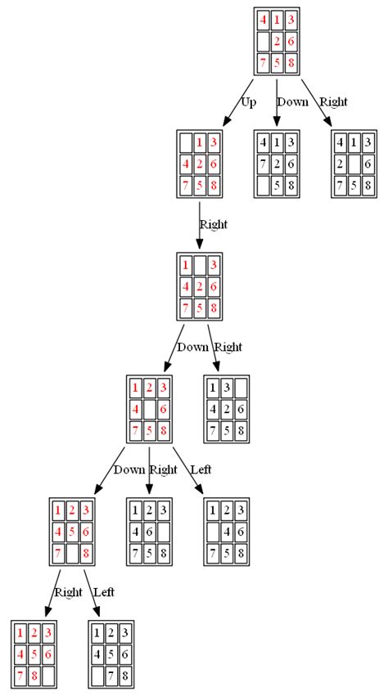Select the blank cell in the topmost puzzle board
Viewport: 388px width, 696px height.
(264, 41)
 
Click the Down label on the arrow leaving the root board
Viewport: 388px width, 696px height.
(292, 102)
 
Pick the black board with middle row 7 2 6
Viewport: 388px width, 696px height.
(277, 164)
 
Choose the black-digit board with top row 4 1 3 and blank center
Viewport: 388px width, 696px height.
(354, 164)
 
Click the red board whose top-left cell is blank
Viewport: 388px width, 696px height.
(200, 164)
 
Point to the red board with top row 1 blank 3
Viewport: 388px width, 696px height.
(200, 286)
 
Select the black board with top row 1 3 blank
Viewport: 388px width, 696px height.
(226, 409)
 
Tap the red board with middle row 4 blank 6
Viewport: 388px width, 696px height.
(149, 409)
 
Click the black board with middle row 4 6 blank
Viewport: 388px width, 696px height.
(149, 532)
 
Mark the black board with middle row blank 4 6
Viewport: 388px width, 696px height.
(226, 532)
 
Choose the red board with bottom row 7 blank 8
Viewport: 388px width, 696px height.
(72, 532)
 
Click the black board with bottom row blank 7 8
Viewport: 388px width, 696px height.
(111, 654)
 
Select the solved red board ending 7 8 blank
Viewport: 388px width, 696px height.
(34, 654)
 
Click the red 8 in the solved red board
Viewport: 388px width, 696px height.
(34, 676)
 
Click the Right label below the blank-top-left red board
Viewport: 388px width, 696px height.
(214, 224)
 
